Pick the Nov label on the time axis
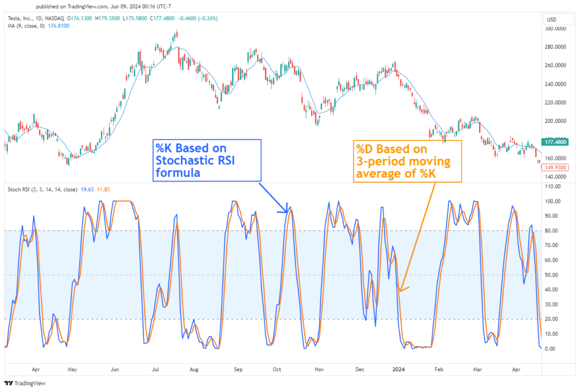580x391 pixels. pos(319,369)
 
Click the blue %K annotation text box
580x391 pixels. pos(207,160)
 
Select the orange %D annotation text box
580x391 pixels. pos(407,160)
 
